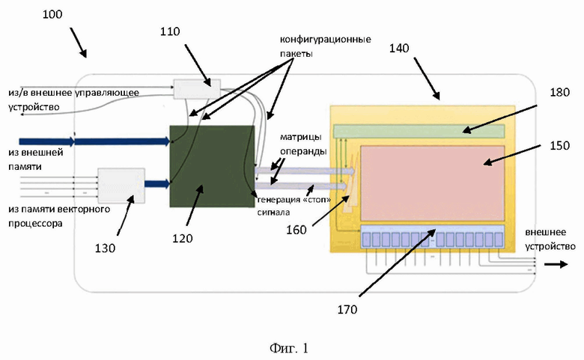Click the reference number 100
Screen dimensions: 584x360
[52, 14]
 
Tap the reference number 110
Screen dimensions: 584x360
[170, 31]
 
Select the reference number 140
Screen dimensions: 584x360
[399, 49]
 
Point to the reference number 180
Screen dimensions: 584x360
[560, 92]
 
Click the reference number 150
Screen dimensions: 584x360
[560, 145]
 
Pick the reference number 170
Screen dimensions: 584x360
[347, 309]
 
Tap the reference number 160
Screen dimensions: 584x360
[296, 230]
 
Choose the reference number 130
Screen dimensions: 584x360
[105, 248]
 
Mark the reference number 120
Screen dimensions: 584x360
[182, 238]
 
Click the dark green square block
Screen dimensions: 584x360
[213, 166]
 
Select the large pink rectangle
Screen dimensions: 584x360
[433, 183]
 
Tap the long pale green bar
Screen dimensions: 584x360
[419, 131]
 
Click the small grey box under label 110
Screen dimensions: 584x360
[197, 89]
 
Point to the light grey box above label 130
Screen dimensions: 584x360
[121, 186]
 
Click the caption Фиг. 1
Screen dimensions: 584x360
[289, 349]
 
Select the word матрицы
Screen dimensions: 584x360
[300, 138]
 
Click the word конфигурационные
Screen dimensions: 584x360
[326, 40]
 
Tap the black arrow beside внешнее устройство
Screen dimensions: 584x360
[556, 264]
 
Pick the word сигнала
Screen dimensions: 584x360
[273, 213]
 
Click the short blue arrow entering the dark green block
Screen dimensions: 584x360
[157, 183]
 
